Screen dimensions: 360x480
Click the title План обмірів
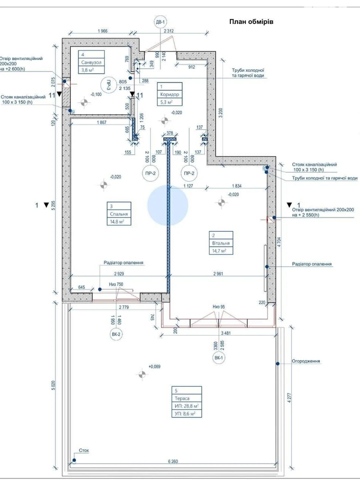point(251,22)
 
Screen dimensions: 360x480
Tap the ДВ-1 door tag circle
point(160,22)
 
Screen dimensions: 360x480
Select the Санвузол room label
point(91,62)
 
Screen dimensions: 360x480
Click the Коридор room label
point(169,94)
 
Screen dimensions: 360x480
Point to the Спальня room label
point(119,214)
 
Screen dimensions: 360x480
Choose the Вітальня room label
point(221,243)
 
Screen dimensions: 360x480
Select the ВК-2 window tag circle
point(116,334)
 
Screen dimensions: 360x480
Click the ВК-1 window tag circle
point(219,358)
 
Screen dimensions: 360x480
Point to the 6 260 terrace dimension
point(173,461)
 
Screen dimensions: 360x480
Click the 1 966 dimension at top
point(102,31)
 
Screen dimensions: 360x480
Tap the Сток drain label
point(84,450)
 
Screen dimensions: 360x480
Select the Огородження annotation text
point(306,361)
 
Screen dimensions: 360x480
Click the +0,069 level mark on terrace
point(154,366)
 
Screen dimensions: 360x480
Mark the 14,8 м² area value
point(117,222)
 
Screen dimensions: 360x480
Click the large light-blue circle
point(168,205)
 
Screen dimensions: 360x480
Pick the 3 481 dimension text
point(226,333)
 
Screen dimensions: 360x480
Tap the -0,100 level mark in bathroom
point(96,94)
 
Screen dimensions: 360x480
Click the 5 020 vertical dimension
point(54,385)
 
